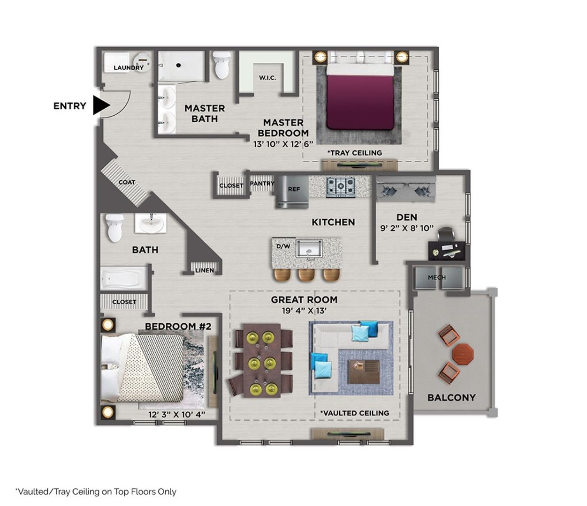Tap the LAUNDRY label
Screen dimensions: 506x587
point(129,67)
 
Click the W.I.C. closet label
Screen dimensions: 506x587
point(267,77)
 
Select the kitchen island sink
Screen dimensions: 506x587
point(309,248)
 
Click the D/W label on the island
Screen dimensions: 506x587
point(283,246)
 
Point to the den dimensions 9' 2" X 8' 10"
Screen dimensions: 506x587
point(406,229)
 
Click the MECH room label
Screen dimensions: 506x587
point(436,277)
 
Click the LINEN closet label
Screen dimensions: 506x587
point(205,270)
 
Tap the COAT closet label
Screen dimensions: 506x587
point(127,182)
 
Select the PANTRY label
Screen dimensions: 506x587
point(262,183)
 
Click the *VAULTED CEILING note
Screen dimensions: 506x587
point(355,413)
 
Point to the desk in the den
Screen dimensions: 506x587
point(447,250)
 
